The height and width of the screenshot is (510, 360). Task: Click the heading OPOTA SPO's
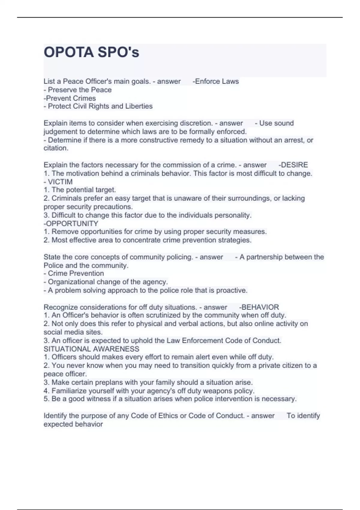pos(91,52)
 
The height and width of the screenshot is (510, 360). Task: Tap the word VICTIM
pos(60,182)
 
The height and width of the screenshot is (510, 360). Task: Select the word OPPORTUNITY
pos(72,223)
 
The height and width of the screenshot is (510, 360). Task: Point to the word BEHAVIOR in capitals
pos(260,307)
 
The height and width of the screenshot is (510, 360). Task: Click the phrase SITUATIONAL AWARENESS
pos(91,349)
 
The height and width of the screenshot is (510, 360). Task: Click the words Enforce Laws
pos(217,81)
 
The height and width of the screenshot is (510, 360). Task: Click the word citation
pos(55,148)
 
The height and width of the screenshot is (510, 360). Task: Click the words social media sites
pos(73,332)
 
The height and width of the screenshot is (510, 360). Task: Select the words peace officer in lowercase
pos(65,374)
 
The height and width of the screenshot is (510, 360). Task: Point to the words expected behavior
pos(73,424)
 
